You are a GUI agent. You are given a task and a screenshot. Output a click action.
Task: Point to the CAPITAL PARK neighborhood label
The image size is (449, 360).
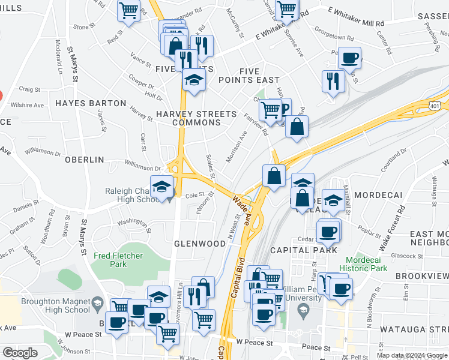pos(304,250)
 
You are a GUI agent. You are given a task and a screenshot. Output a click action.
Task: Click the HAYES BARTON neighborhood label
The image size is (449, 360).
pos(91,103)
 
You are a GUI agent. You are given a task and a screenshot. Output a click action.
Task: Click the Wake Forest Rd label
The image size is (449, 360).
pos(393,229)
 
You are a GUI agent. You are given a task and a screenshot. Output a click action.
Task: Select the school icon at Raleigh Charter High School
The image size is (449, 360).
pos(161,187)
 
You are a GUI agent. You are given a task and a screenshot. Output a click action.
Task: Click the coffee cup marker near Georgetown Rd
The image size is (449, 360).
pos(349,58)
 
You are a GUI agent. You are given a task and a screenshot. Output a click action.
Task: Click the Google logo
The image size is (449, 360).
pos(20,353)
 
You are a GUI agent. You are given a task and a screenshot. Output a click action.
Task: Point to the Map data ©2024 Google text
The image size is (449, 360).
pos(411,355)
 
